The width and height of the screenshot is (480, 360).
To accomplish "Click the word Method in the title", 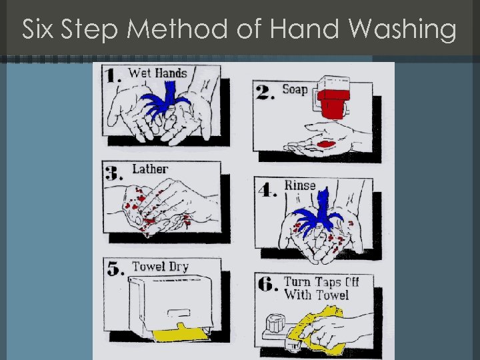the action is pyautogui.click(x=177, y=29).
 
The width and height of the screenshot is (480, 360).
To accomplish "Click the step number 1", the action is pyautogui.click(x=113, y=75).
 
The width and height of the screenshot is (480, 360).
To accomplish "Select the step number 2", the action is pyautogui.click(x=265, y=92).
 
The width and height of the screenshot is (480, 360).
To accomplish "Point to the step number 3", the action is pyautogui.click(x=113, y=173).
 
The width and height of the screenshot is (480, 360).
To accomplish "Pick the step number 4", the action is pyautogui.click(x=267, y=190).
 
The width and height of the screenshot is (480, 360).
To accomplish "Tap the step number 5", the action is pyautogui.click(x=115, y=269).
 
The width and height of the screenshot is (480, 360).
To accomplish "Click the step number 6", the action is pyautogui.click(x=268, y=285).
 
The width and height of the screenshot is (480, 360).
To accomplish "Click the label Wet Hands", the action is pyautogui.click(x=157, y=73).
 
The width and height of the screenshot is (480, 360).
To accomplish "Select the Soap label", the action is pyautogui.click(x=295, y=90).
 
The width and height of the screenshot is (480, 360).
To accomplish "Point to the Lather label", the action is pyautogui.click(x=150, y=169).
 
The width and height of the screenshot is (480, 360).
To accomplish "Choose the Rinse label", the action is pyautogui.click(x=300, y=185).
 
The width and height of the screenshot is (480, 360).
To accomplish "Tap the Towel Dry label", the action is pyautogui.click(x=160, y=267).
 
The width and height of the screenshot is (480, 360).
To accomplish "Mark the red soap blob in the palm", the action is pyautogui.click(x=326, y=144).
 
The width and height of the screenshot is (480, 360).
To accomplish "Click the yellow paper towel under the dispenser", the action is pyautogui.click(x=181, y=333).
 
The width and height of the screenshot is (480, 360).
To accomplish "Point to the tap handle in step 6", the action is pyautogui.click(x=275, y=323).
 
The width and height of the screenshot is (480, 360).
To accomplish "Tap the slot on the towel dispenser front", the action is pyautogui.click(x=179, y=313).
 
